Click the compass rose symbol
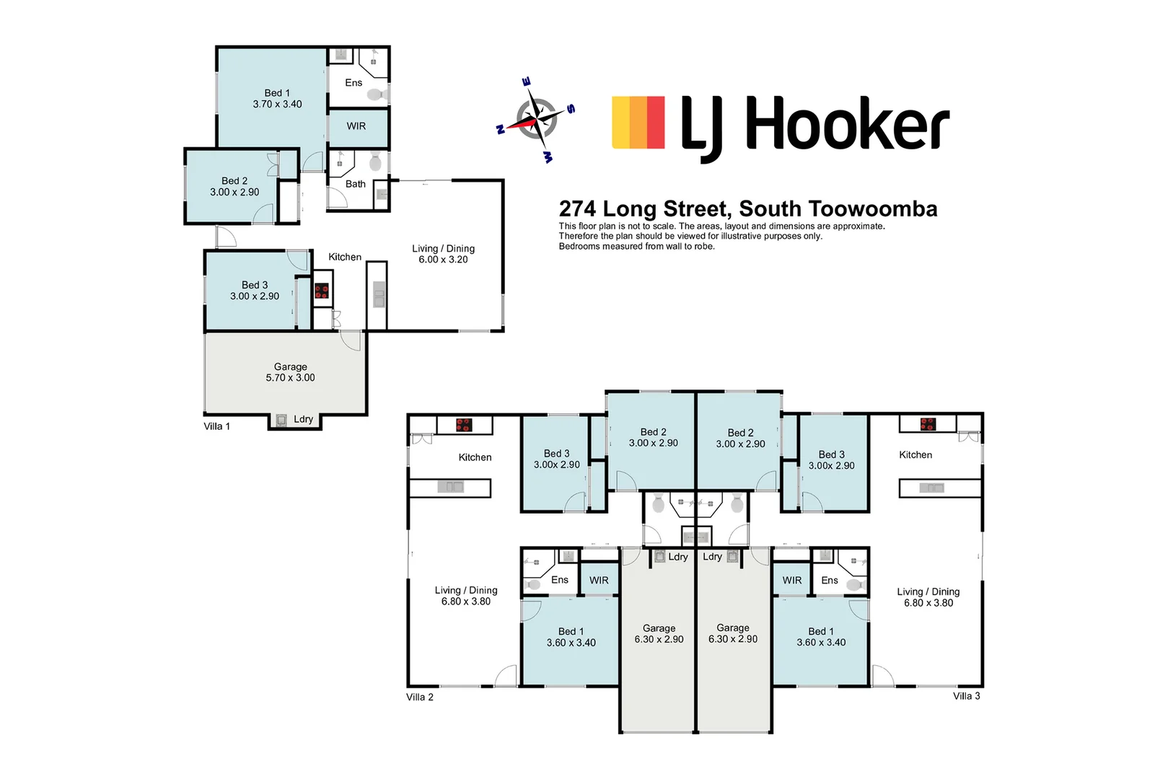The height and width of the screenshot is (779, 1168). pos(536,120)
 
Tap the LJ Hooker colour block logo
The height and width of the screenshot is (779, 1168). pos(638,123)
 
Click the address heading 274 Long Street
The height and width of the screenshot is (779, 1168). pos(748,209)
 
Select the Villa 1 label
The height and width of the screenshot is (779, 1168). pos(216,426)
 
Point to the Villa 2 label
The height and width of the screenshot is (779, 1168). pos(420,697)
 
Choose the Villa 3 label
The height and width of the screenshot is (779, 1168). pos(966,696)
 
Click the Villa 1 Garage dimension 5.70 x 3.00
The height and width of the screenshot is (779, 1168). pos(290,378)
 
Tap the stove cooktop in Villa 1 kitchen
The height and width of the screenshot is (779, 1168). pos(322,291)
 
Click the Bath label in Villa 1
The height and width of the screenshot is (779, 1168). pos(356,184)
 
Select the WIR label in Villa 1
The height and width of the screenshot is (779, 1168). pos(356,126)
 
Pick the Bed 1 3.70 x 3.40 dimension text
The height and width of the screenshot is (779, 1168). pos(277,104)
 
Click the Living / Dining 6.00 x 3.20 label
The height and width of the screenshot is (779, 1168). pos(443,254)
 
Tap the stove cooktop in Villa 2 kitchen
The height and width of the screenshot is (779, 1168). pos(464,425)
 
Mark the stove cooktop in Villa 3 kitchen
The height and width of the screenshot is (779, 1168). pos(928,424)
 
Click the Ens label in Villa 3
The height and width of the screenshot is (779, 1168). pos(830,581)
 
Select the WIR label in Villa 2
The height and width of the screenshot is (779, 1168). pos(599,581)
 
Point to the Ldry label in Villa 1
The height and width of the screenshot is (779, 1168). pos(303,419)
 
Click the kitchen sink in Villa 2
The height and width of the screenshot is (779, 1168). pos(450,487)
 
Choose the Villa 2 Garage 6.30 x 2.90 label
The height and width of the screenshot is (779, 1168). pos(659,634)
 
